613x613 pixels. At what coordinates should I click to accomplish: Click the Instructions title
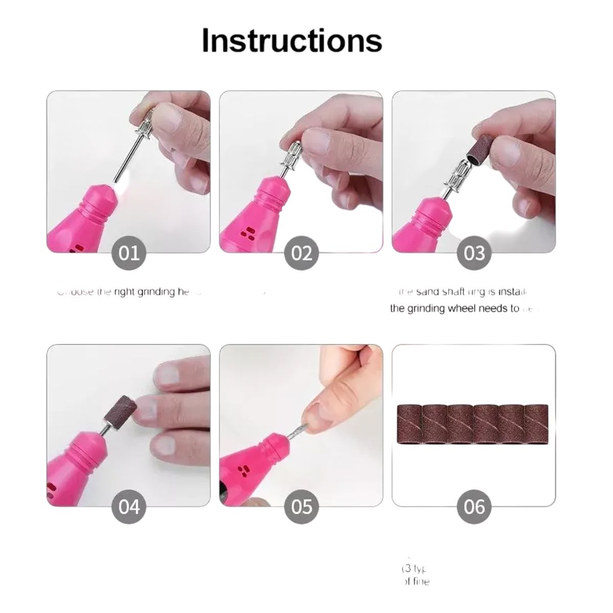(x=292, y=40)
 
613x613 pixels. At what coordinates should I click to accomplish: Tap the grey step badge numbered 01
(x=129, y=253)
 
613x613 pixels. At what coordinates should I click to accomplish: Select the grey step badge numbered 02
(x=301, y=253)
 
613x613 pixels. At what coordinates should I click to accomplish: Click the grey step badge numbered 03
(x=474, y=253)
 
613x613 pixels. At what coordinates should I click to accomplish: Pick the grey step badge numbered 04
(x=129, y=507)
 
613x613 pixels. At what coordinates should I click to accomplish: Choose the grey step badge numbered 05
(x=301, y=507)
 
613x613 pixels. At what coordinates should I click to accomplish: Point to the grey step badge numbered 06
(x=474, y=507)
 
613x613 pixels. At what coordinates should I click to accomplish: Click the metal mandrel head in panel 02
(x=288, y=153)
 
